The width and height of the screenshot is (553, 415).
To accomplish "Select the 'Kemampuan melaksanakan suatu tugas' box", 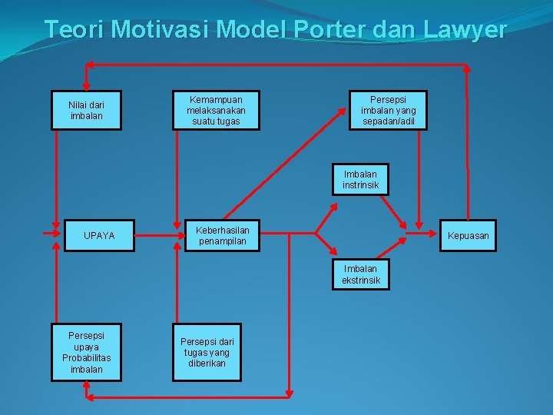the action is (x=216, y=110).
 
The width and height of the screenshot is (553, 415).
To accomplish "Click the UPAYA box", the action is (x=99, y=235).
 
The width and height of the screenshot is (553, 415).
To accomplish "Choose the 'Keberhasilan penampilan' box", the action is (x=222, y=235).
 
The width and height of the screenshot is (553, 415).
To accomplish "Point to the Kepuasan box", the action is (x=469, y=235).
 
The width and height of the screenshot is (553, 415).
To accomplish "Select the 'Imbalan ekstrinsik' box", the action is (x=361, y=274).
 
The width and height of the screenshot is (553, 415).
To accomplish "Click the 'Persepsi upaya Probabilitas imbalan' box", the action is (x=86, y=353).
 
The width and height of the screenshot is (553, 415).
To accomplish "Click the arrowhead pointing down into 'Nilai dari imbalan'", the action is (x=86, y=85).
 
